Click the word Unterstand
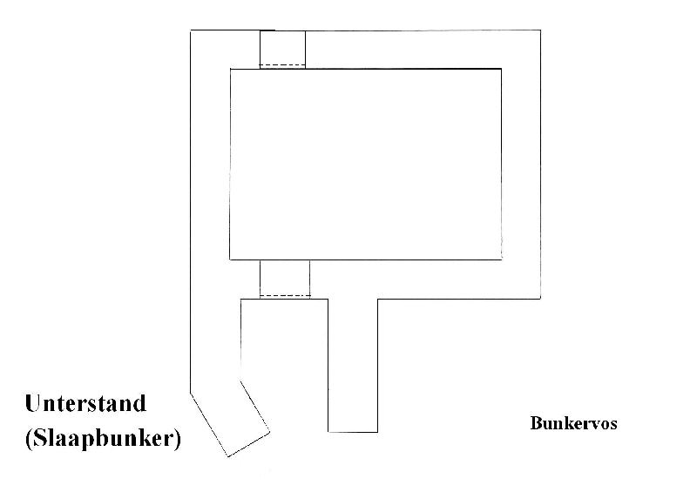[x=85, y=403]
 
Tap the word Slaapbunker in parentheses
[x=103, y=439]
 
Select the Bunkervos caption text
[x=573, y=422]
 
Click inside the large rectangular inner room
[x=365, y=164]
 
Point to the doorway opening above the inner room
[x=282, y=50]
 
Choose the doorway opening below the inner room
[x=285, y=280]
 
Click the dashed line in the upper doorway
[x=282, y=65]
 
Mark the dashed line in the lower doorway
[x=285, y=295]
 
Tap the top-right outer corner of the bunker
[x=540, y=30]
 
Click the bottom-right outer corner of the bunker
[x=540, y=299]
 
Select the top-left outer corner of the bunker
[x=191, y=30]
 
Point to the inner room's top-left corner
[x=230, y=69]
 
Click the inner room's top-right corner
[x=502, y=69]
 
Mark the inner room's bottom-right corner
[x=502, y=259]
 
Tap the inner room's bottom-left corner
[x=230, y=259]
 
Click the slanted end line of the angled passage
[x=249, y=444]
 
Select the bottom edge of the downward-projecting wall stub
[x=353, y=432]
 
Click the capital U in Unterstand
[x=34, y=403]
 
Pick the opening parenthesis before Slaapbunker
[x=29, y=439]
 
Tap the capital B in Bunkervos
[x=535, y=422]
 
